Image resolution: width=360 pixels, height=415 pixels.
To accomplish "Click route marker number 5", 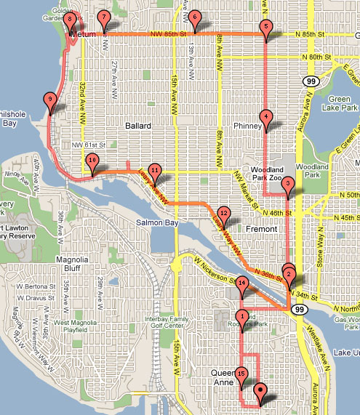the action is [x=265, y=28].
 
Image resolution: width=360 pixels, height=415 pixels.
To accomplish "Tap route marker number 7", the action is [x=104, y=17].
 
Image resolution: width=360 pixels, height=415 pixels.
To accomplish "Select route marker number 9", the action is [x=49, y=100].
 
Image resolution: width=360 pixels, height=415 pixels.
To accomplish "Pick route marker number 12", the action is [x=224, y=214].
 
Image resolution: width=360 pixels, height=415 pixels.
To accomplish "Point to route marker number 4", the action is [x=266, y=117].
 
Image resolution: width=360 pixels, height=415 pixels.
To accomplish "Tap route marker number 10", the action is [x=92, y=161].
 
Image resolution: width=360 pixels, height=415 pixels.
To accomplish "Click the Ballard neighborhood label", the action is [x=137, y=126].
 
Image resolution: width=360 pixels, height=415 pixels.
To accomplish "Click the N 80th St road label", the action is [x=318, y=57].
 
